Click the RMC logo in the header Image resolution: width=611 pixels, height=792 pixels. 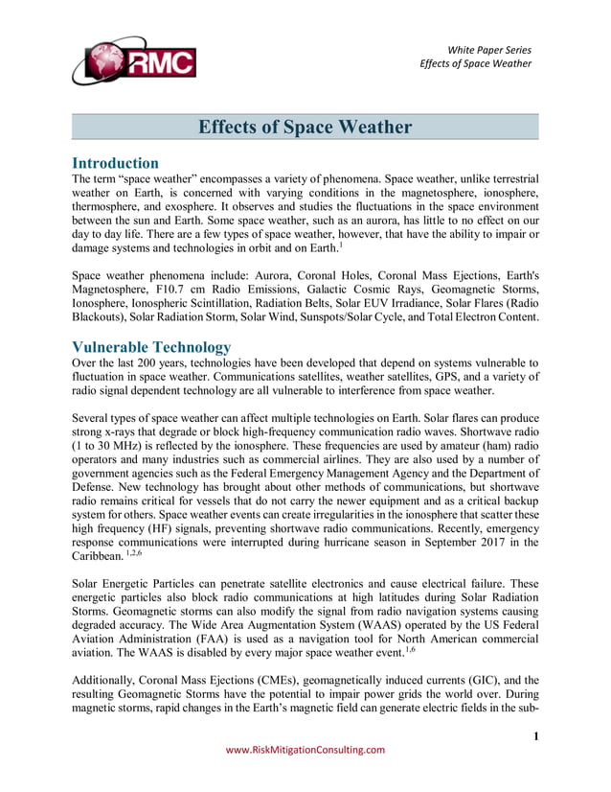[133, 60]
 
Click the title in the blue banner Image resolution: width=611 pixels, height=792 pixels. [305, 128]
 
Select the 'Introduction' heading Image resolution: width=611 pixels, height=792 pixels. [116, 163]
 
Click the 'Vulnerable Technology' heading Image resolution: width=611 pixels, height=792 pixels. [151, 347]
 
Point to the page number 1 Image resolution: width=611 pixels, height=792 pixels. [536, 736]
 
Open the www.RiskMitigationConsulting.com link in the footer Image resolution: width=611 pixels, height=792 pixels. [305, 750]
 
